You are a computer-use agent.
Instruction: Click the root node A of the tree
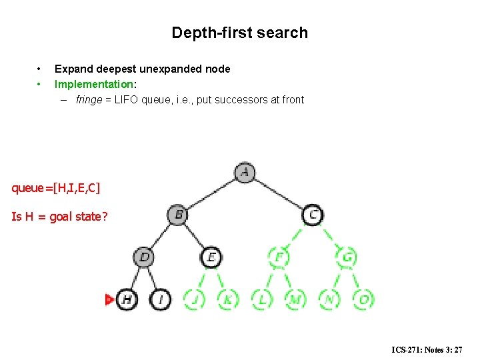click(x=245, y=172)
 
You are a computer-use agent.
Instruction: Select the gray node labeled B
click(x=177, y=215)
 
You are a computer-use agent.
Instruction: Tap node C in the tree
click(x=313, y=215)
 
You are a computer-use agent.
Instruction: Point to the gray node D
click(x=144, y=257)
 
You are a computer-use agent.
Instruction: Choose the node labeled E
click(x=211, y=257)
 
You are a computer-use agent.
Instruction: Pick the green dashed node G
click(x=347, y=257)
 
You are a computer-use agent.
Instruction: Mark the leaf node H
click(x=127, y=299)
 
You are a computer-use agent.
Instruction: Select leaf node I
click(x=161, y=299)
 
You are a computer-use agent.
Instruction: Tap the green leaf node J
click(x=194, y=299)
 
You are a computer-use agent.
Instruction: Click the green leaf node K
click(x=228, y=299)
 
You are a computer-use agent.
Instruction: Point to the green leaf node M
click(x=295, y=299)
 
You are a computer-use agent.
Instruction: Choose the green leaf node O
click(x=363, y=299)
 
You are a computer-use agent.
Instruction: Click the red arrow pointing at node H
click(x=110, y=299)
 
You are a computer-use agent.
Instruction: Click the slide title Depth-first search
click(x=239, y=33)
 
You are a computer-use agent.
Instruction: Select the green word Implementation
click(x=94, y=84)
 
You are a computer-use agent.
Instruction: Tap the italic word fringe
click(x=89, y=100)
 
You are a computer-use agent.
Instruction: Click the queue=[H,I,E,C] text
click(x=56, y=188)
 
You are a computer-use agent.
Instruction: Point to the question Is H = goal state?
click(x=60, y=217)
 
